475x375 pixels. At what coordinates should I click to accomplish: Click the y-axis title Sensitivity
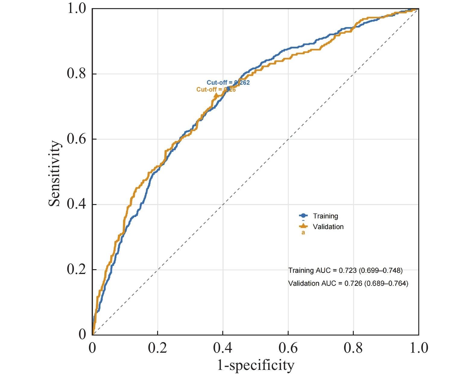pyautogui.click(x=55, y=173)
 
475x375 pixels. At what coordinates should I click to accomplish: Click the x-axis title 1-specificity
pyautogui.click(x=255, y=365)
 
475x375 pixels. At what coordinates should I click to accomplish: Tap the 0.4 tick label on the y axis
pyautogui.click(x=76, y=204)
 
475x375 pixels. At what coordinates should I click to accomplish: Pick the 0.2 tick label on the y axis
pyautogui.click(x=76, y=269)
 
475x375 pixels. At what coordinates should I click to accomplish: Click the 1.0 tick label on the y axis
pyautogui.click(x=76, y=8)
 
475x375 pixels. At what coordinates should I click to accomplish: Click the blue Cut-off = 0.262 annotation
pyautogui.click(x=228, y=83)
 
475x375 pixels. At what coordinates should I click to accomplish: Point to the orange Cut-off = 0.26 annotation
pyautogui.click(x=216, y=90)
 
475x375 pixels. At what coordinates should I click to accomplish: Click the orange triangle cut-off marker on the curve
pyautogui.click(x=216, y=96)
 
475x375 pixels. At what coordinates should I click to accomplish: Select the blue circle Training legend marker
pyautogui.click(x=303, y=216)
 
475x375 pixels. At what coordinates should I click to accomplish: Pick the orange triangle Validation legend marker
pyautogui.click(x=303, y=226)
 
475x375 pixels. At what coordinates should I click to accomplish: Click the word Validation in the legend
pyautogui.click(x=328, y=227)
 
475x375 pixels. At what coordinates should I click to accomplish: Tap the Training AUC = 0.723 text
pyautogui.click(x=345, y=270)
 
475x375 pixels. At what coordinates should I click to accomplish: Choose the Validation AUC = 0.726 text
pyautogui.click(x=348, y=283)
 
